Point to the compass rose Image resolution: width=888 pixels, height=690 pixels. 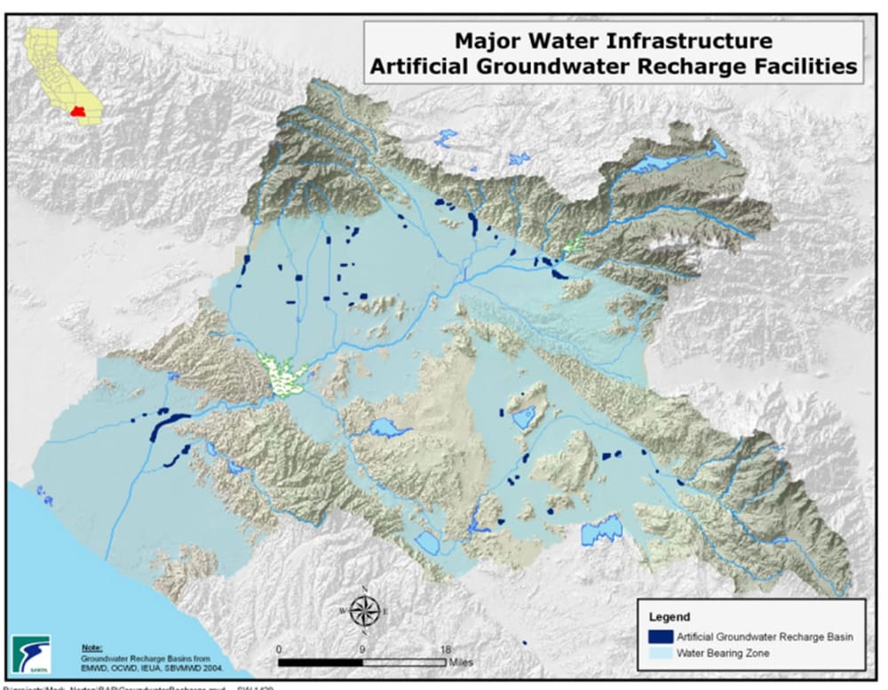(x=364, y=610)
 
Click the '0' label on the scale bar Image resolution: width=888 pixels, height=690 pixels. (x=280, y=649)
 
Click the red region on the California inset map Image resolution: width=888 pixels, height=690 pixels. (x=78, y=114)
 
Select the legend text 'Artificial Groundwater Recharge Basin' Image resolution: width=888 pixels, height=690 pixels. (x=764, y=637)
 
